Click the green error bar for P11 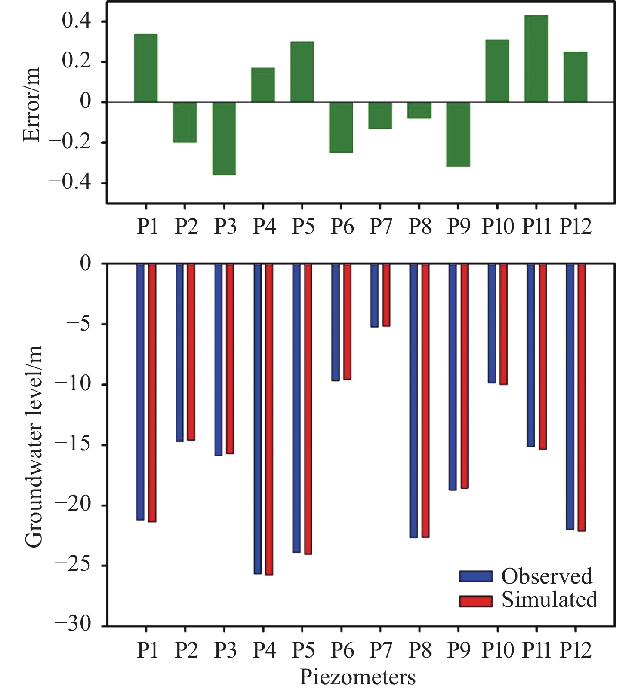pos(536,59)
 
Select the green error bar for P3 pos(224,138)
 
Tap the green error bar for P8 pos(419,110)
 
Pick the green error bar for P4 pos(263,85)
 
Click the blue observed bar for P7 pos(375,295)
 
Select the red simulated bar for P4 pos(269,419)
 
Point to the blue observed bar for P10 pos(492,323)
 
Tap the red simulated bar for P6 pos(347,322)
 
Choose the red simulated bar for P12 pos(582,398)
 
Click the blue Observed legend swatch pos(475,576)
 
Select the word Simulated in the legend pos(549,600)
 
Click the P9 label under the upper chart pos(459,226)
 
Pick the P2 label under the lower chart pos(186,650)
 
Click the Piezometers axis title pos(358,677)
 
